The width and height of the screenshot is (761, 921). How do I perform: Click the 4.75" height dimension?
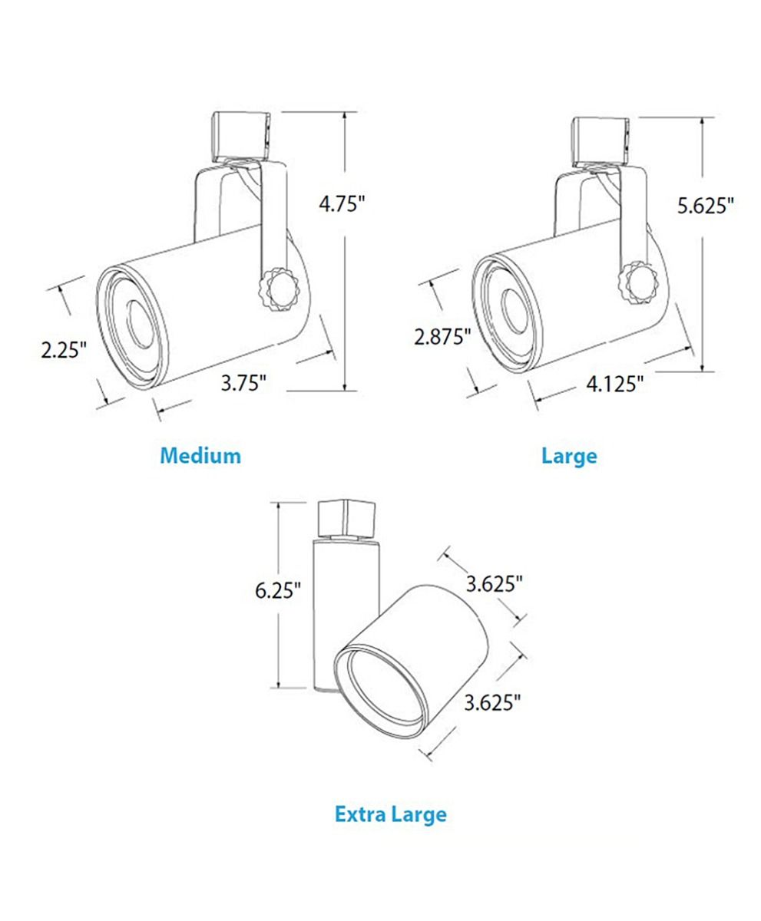342,204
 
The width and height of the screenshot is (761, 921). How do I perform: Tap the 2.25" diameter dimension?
64,349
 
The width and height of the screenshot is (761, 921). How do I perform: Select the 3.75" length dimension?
244,382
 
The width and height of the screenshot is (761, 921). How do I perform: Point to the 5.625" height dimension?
706,206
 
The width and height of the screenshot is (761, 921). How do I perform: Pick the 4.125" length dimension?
614,383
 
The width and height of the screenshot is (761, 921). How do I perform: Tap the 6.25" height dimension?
278,590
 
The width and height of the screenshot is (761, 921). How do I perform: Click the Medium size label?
200,456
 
